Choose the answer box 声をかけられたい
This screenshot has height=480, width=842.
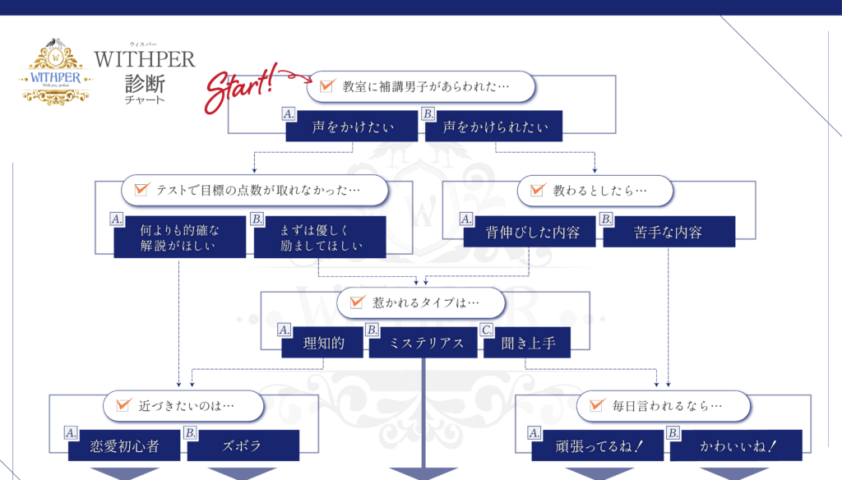point(491,127)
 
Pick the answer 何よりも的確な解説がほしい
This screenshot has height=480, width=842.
point(180,238)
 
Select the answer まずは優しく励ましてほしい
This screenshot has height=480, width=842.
point(320,238)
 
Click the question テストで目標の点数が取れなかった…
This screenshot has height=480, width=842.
point(254,190)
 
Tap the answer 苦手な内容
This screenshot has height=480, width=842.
point(669,232)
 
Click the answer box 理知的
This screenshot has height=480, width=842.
point(322,343)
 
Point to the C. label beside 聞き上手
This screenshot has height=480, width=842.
point(487,330)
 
